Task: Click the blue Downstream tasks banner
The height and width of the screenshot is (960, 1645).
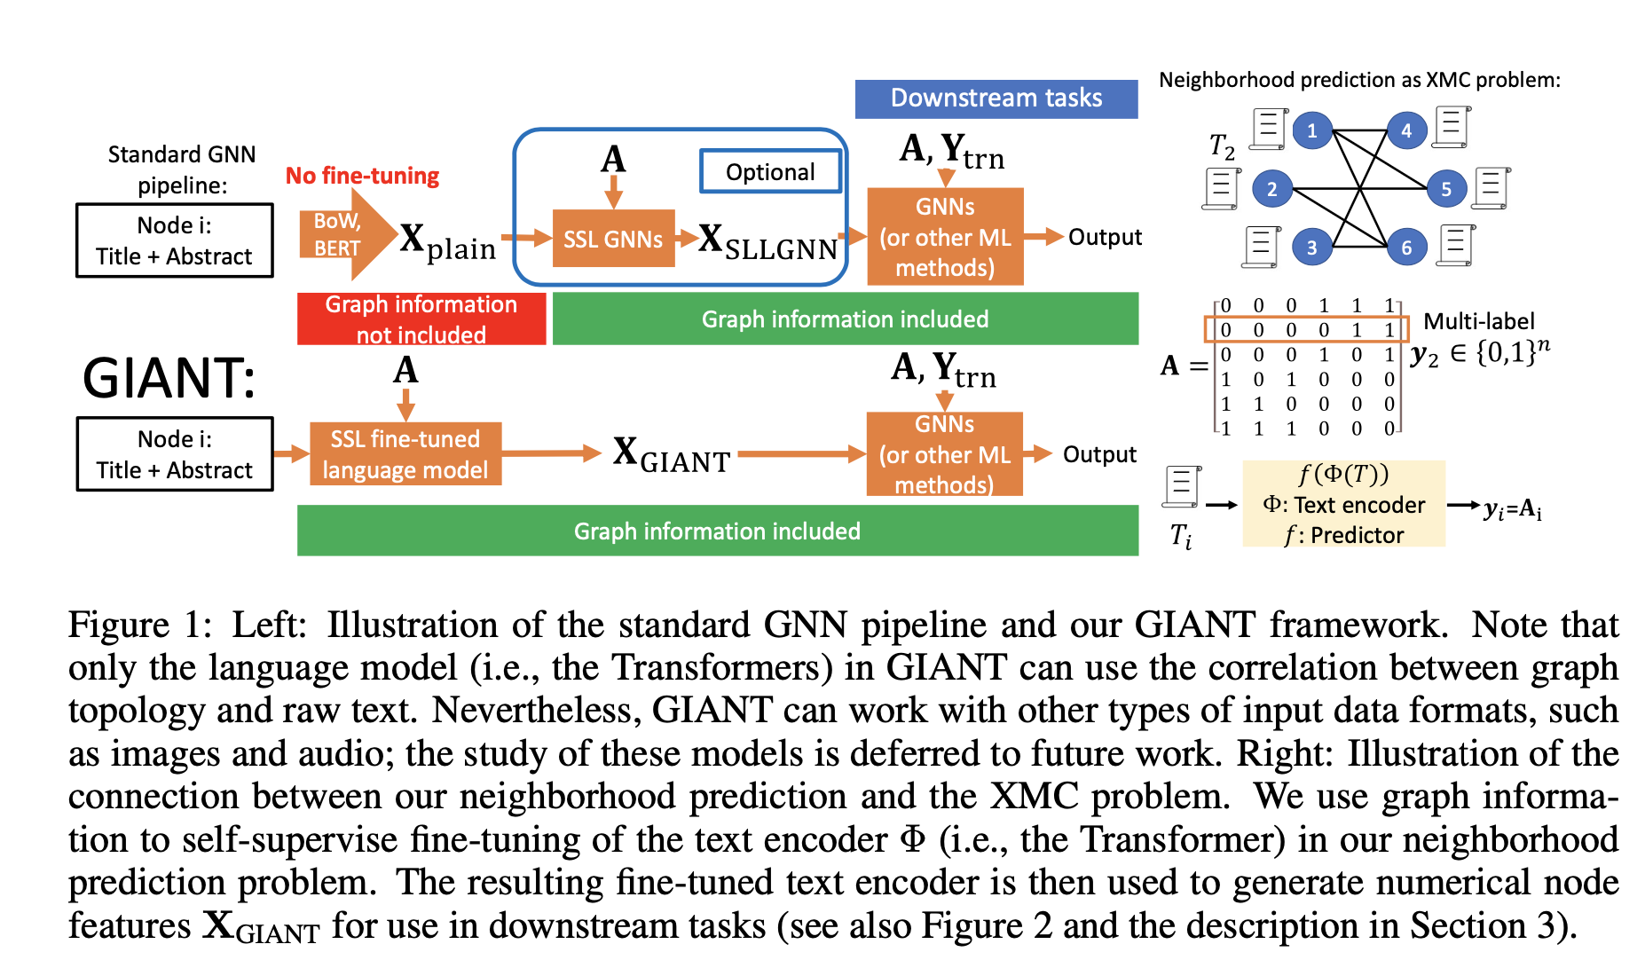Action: pos(996,98)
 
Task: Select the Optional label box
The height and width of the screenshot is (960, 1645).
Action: pos(770,171)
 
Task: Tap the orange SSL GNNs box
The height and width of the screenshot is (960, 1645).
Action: pos(613,239)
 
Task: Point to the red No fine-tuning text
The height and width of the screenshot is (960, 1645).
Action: pos(362,176)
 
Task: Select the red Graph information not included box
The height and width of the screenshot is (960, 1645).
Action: pos(421,319)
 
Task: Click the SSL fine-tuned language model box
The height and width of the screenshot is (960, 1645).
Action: pos(405,453)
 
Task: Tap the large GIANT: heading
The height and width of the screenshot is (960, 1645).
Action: pos(169,378)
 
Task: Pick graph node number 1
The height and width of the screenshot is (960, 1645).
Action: pos(1311,130)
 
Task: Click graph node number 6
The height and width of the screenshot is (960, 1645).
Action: pos(1405,248)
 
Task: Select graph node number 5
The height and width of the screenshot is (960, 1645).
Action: pos(1445,188)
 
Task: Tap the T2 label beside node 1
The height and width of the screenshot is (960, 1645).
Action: pos(1222,146)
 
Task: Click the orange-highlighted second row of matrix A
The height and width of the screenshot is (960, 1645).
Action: pos(1305,329)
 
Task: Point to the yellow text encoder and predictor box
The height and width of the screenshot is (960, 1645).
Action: pos(1343,503)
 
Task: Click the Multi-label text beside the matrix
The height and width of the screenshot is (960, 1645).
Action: pos(1478,321)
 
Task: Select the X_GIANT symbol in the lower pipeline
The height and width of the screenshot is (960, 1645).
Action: pos(671,454)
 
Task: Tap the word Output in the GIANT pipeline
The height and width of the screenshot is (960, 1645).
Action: pos(1098,454)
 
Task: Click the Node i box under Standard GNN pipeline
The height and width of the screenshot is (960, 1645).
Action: pos(175,240)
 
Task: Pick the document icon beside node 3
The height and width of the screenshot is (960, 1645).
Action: pos(1262,246)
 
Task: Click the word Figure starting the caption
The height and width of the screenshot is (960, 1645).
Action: pos(118,625)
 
